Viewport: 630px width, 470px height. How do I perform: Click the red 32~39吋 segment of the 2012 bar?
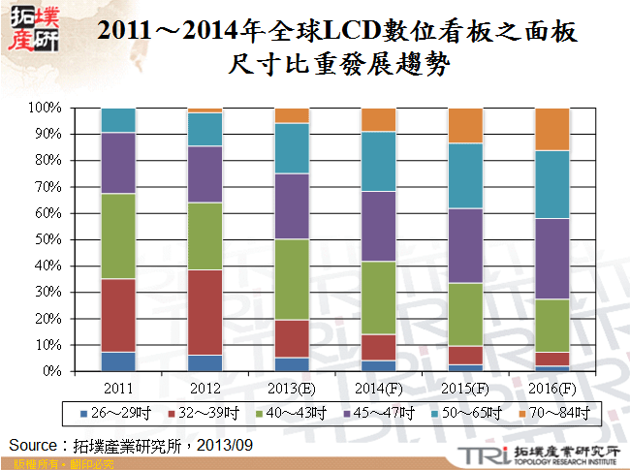[x=205, y=312]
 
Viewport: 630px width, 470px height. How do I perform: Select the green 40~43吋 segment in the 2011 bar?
[x=118, y=236]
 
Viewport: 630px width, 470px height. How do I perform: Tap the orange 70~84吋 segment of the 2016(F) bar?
[x=551, y=129]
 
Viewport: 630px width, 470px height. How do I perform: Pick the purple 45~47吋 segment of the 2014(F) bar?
[x=378, y=226]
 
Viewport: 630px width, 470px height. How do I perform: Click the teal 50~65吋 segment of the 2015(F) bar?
[x=464, y=175]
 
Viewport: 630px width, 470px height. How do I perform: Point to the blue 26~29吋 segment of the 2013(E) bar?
[x=292, y=364]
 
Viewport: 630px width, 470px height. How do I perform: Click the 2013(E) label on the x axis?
[x=292, y=387]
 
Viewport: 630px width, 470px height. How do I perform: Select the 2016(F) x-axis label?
[x=551, y=387]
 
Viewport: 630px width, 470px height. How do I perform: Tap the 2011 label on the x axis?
[x=118, y=387]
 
